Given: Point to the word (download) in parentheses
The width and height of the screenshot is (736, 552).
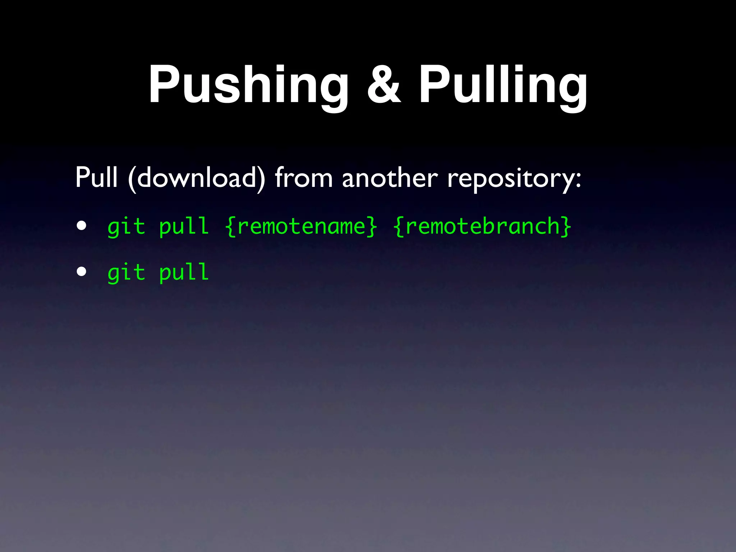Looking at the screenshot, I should [x=197, y=178].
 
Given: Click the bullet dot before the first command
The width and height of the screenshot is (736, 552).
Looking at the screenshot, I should [x=82, y=226].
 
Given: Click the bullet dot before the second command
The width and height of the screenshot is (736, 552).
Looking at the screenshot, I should [x=82, y=272].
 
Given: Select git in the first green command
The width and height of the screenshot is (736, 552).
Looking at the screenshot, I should [x=126, y=227].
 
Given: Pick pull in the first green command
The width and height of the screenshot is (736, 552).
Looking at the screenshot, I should [x=184, y=227].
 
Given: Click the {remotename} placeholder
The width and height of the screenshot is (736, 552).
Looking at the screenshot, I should [x=301, y=227].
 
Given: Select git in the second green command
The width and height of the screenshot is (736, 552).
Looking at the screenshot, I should [x=126, y=272].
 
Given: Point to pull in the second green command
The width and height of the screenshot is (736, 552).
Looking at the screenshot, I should [x=184, y=272].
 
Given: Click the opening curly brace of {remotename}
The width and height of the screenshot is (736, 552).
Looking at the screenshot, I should [x=230, y=227].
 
